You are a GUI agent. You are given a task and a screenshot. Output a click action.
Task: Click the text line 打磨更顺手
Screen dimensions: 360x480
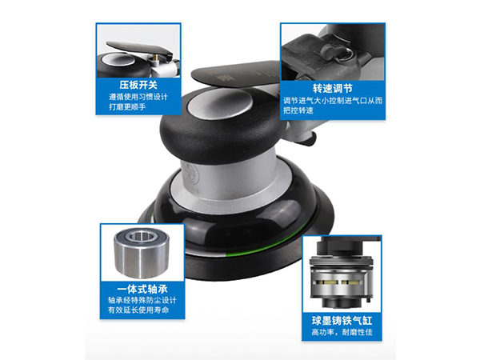(x=137, y=107)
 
